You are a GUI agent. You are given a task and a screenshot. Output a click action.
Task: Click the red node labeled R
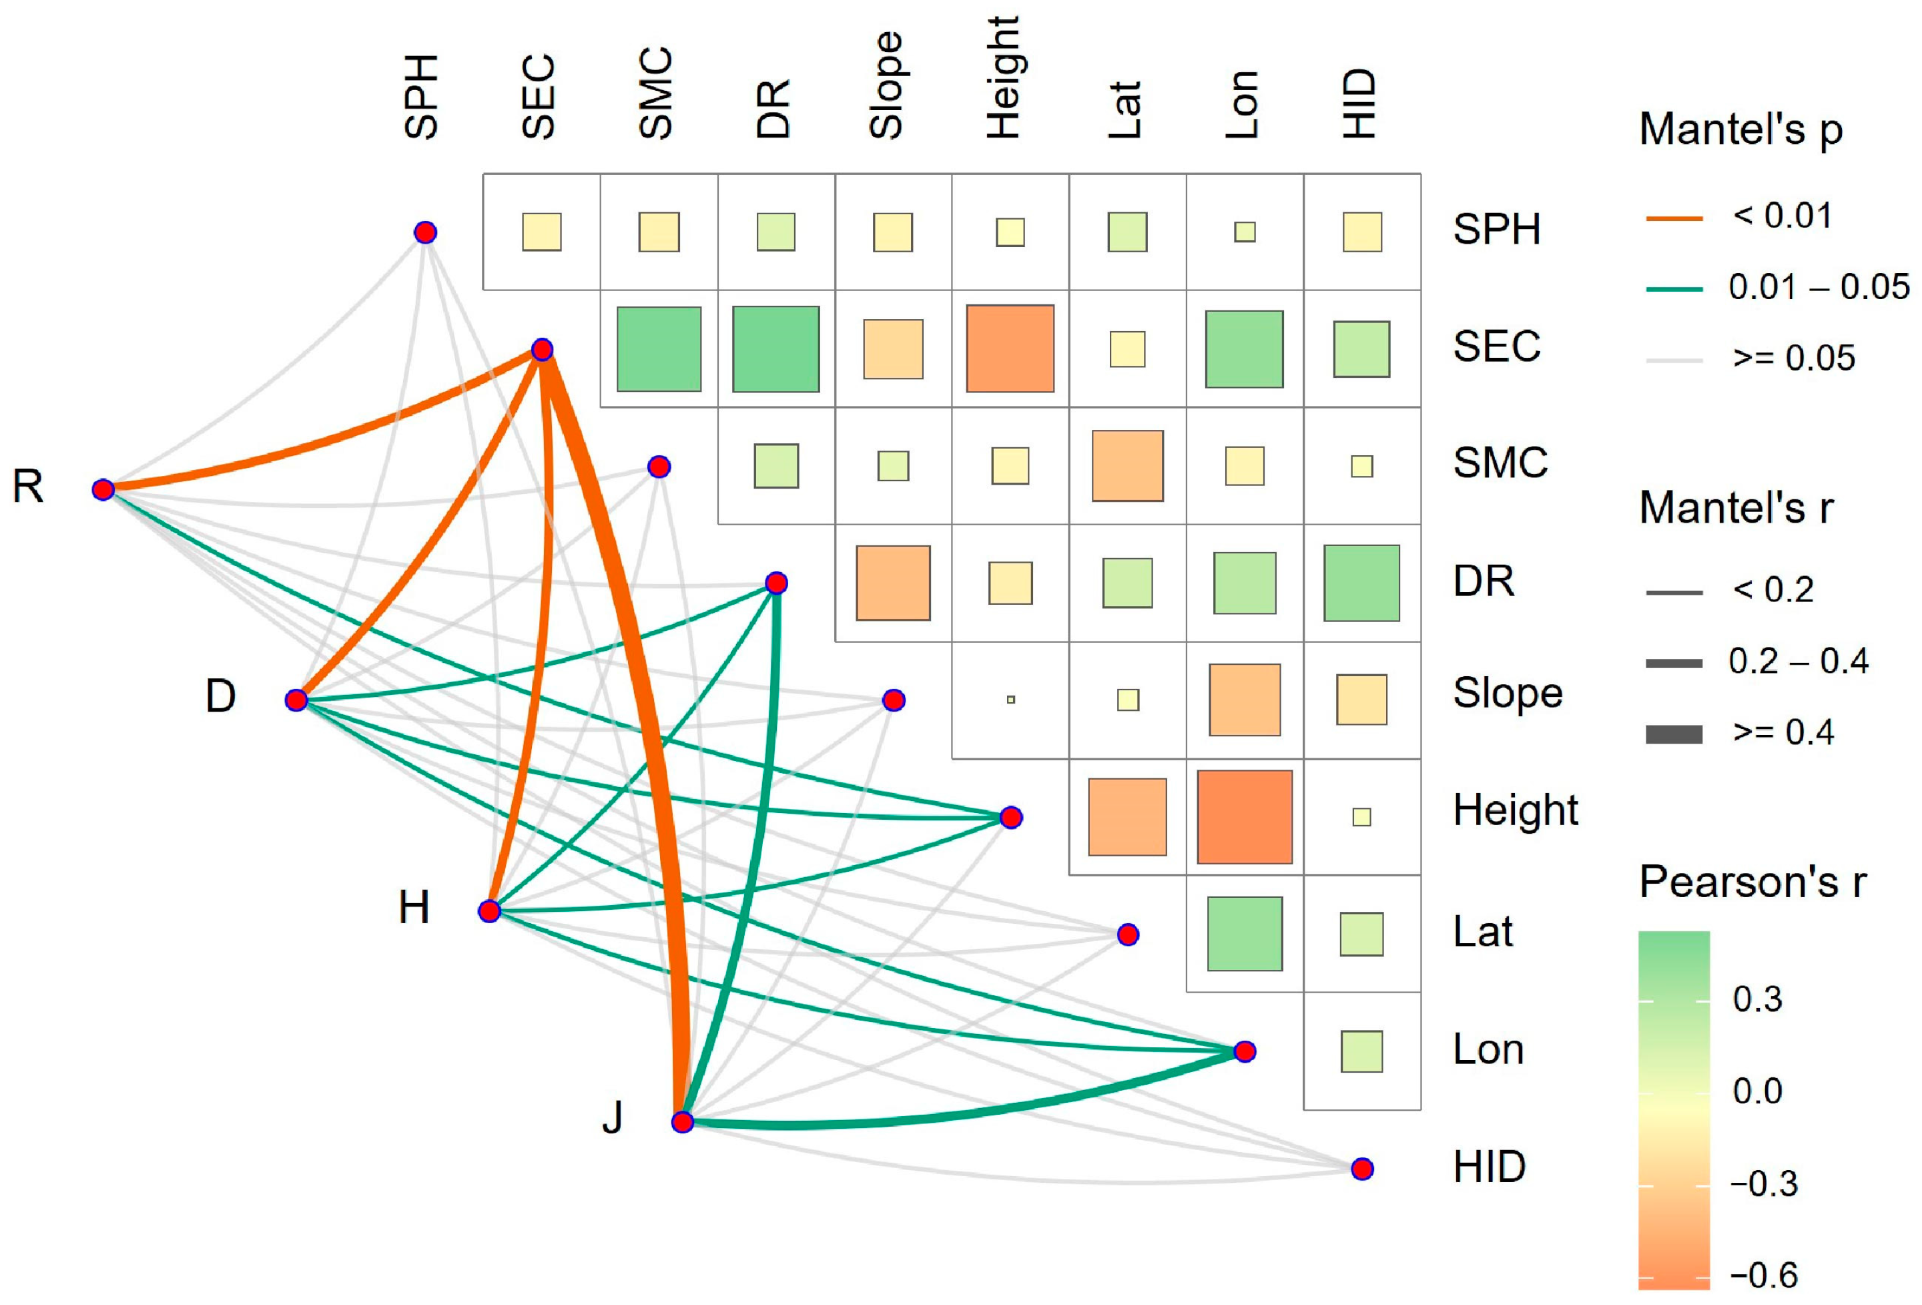(x=103, y=489)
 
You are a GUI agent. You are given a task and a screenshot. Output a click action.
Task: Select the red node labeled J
(x=682, y=1122)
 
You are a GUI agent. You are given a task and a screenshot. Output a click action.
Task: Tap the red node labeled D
(x=296, y=700)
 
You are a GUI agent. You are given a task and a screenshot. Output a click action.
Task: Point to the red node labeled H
(x=490, y=911)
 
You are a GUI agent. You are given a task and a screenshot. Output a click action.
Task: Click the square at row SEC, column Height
(x=1010, y=348)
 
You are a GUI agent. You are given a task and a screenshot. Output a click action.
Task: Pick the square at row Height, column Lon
(x=1245, y=817)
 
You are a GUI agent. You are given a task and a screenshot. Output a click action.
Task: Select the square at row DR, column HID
(x=1361, y=583)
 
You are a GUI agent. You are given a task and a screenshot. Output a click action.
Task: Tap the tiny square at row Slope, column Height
(x=1010, y=700)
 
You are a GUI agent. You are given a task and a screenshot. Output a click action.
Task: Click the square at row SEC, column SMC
(x=659, y=349)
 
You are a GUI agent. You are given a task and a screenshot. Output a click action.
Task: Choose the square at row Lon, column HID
(x=1361, y=1051)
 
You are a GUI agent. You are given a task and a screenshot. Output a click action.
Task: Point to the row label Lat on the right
(x=1483, y=932)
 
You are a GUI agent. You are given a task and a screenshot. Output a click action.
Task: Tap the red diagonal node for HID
(x=1362, y=1169)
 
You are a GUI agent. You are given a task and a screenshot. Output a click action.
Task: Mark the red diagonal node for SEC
(x=542, y=350)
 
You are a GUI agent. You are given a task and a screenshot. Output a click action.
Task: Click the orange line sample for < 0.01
(x=1674, y=218)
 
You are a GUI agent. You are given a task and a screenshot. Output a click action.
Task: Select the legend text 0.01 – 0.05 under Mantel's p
(x=1819, y=287)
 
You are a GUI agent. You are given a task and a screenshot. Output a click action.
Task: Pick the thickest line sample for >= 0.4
(x=1674, y=734)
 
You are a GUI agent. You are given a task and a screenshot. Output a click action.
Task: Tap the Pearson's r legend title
(x=1752, y=882)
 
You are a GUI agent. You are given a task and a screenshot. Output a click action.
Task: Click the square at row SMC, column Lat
(x=1127, y=466)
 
